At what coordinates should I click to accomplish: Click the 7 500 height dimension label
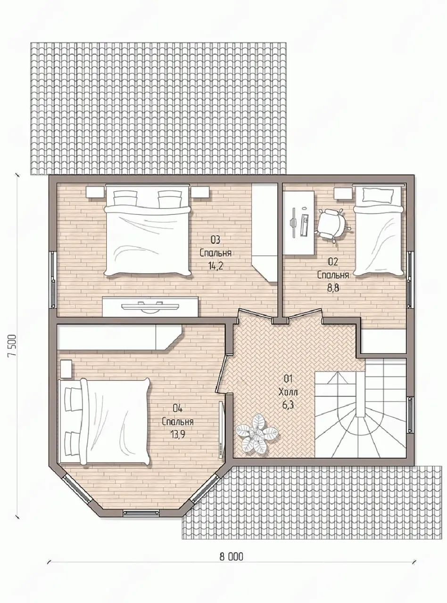[13, 350]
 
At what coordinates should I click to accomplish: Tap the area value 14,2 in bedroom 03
[215, 265]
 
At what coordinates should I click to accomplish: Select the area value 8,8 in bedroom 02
[333, 287]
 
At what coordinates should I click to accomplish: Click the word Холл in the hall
[288, 392]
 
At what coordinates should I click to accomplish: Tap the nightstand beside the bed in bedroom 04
[66, 369]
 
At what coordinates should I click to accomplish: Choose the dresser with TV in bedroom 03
[150, 307]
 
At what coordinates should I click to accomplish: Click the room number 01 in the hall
[288, 378]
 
